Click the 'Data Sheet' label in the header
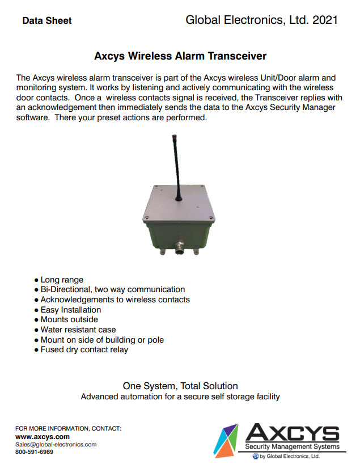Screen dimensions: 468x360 tap(47, 21)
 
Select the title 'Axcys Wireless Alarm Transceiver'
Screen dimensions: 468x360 tap(180, 56)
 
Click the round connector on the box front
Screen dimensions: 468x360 tap(180, 246)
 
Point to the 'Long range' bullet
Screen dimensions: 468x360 tap(62, 280)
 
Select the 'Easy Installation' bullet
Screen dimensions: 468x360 tap(71, 310)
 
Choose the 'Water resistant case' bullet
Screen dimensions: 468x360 tap(78, 330)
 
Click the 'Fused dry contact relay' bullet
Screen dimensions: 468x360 tap(84, 349)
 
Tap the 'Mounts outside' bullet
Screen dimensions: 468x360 tap(69, 319)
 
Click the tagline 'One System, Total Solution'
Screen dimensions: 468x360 tap(180, 386)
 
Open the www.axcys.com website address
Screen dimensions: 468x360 tap(43, 437)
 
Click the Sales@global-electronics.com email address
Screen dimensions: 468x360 tap(56, 445)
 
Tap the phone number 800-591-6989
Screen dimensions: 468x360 tap(35, 452)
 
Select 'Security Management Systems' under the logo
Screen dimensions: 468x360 tap(293, 447)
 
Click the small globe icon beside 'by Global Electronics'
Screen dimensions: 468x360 tap(255, 456)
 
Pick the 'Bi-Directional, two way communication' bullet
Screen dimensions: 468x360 tap(113, 289)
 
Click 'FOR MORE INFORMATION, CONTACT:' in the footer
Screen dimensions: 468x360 tap(69, 428)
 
